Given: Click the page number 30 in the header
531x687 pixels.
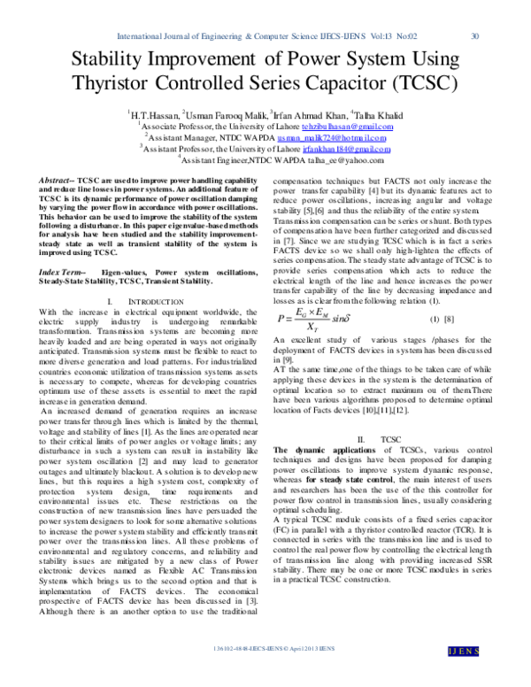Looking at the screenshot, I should click(x=474, y=36).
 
